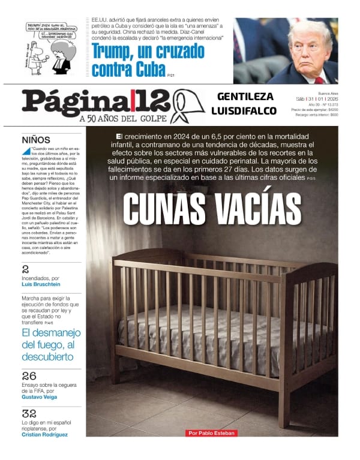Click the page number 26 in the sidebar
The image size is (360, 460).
click(x=29, y=376)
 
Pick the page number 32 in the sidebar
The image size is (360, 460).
click(x=29, y=413)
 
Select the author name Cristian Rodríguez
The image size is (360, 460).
click(x=44, y=434)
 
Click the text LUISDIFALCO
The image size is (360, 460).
click(x=244, y=111)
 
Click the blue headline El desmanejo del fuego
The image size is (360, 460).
click(x=50, y=345)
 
